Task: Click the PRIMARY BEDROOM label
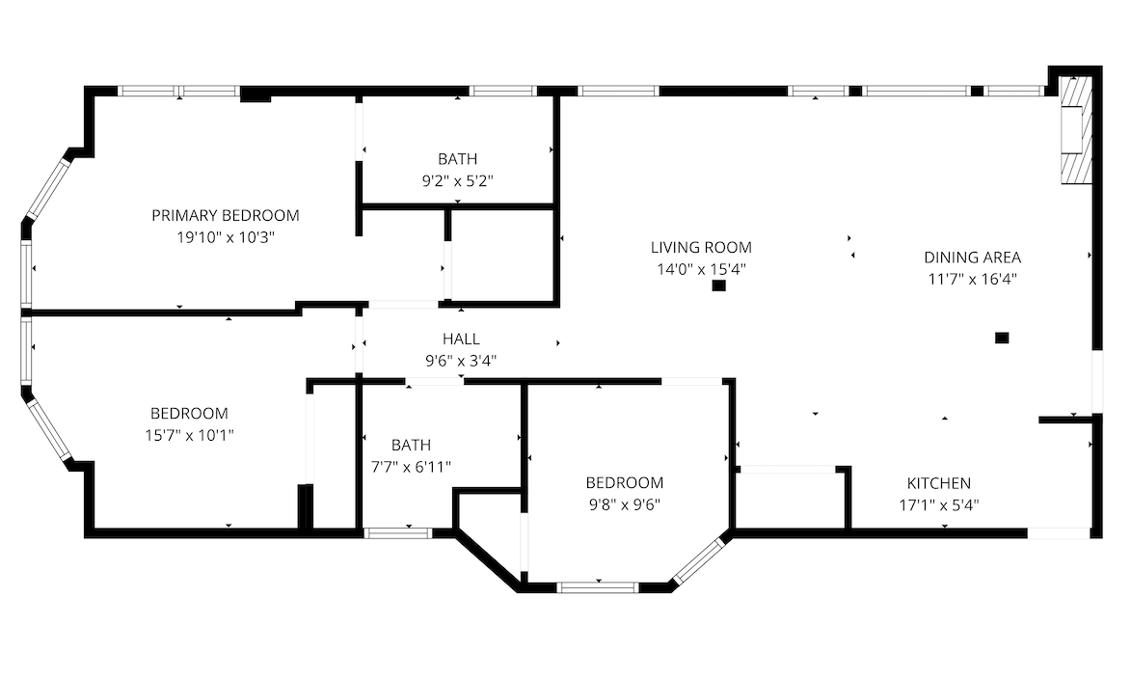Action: (225, 215)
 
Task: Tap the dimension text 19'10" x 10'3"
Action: (226, 236)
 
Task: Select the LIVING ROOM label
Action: (701, 248)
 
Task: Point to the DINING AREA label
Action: (972, 257)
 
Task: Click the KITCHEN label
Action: (938, 483)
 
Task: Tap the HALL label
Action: (461, 339)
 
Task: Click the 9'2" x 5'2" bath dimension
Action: (457, 180)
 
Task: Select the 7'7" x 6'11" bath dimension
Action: (411, 467)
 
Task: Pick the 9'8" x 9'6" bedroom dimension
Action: (624, 504)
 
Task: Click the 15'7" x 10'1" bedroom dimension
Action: (189, 435)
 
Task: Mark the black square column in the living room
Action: (718, 285)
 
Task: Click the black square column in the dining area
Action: (1002, 338)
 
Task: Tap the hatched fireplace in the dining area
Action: (1075, 129)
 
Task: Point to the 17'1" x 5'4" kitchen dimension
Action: (938, 505)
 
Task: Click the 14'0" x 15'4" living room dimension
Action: (701, 269)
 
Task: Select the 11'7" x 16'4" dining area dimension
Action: (972, 279)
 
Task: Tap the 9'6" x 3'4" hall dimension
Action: (461, 360)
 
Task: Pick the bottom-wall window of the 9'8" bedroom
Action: (598, 587)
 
